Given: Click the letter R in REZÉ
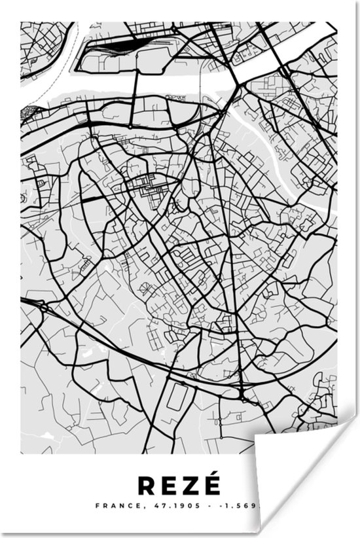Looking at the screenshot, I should [145, 486].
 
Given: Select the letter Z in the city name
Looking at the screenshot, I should [190, 486].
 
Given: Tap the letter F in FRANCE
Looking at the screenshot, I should [98, 506].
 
